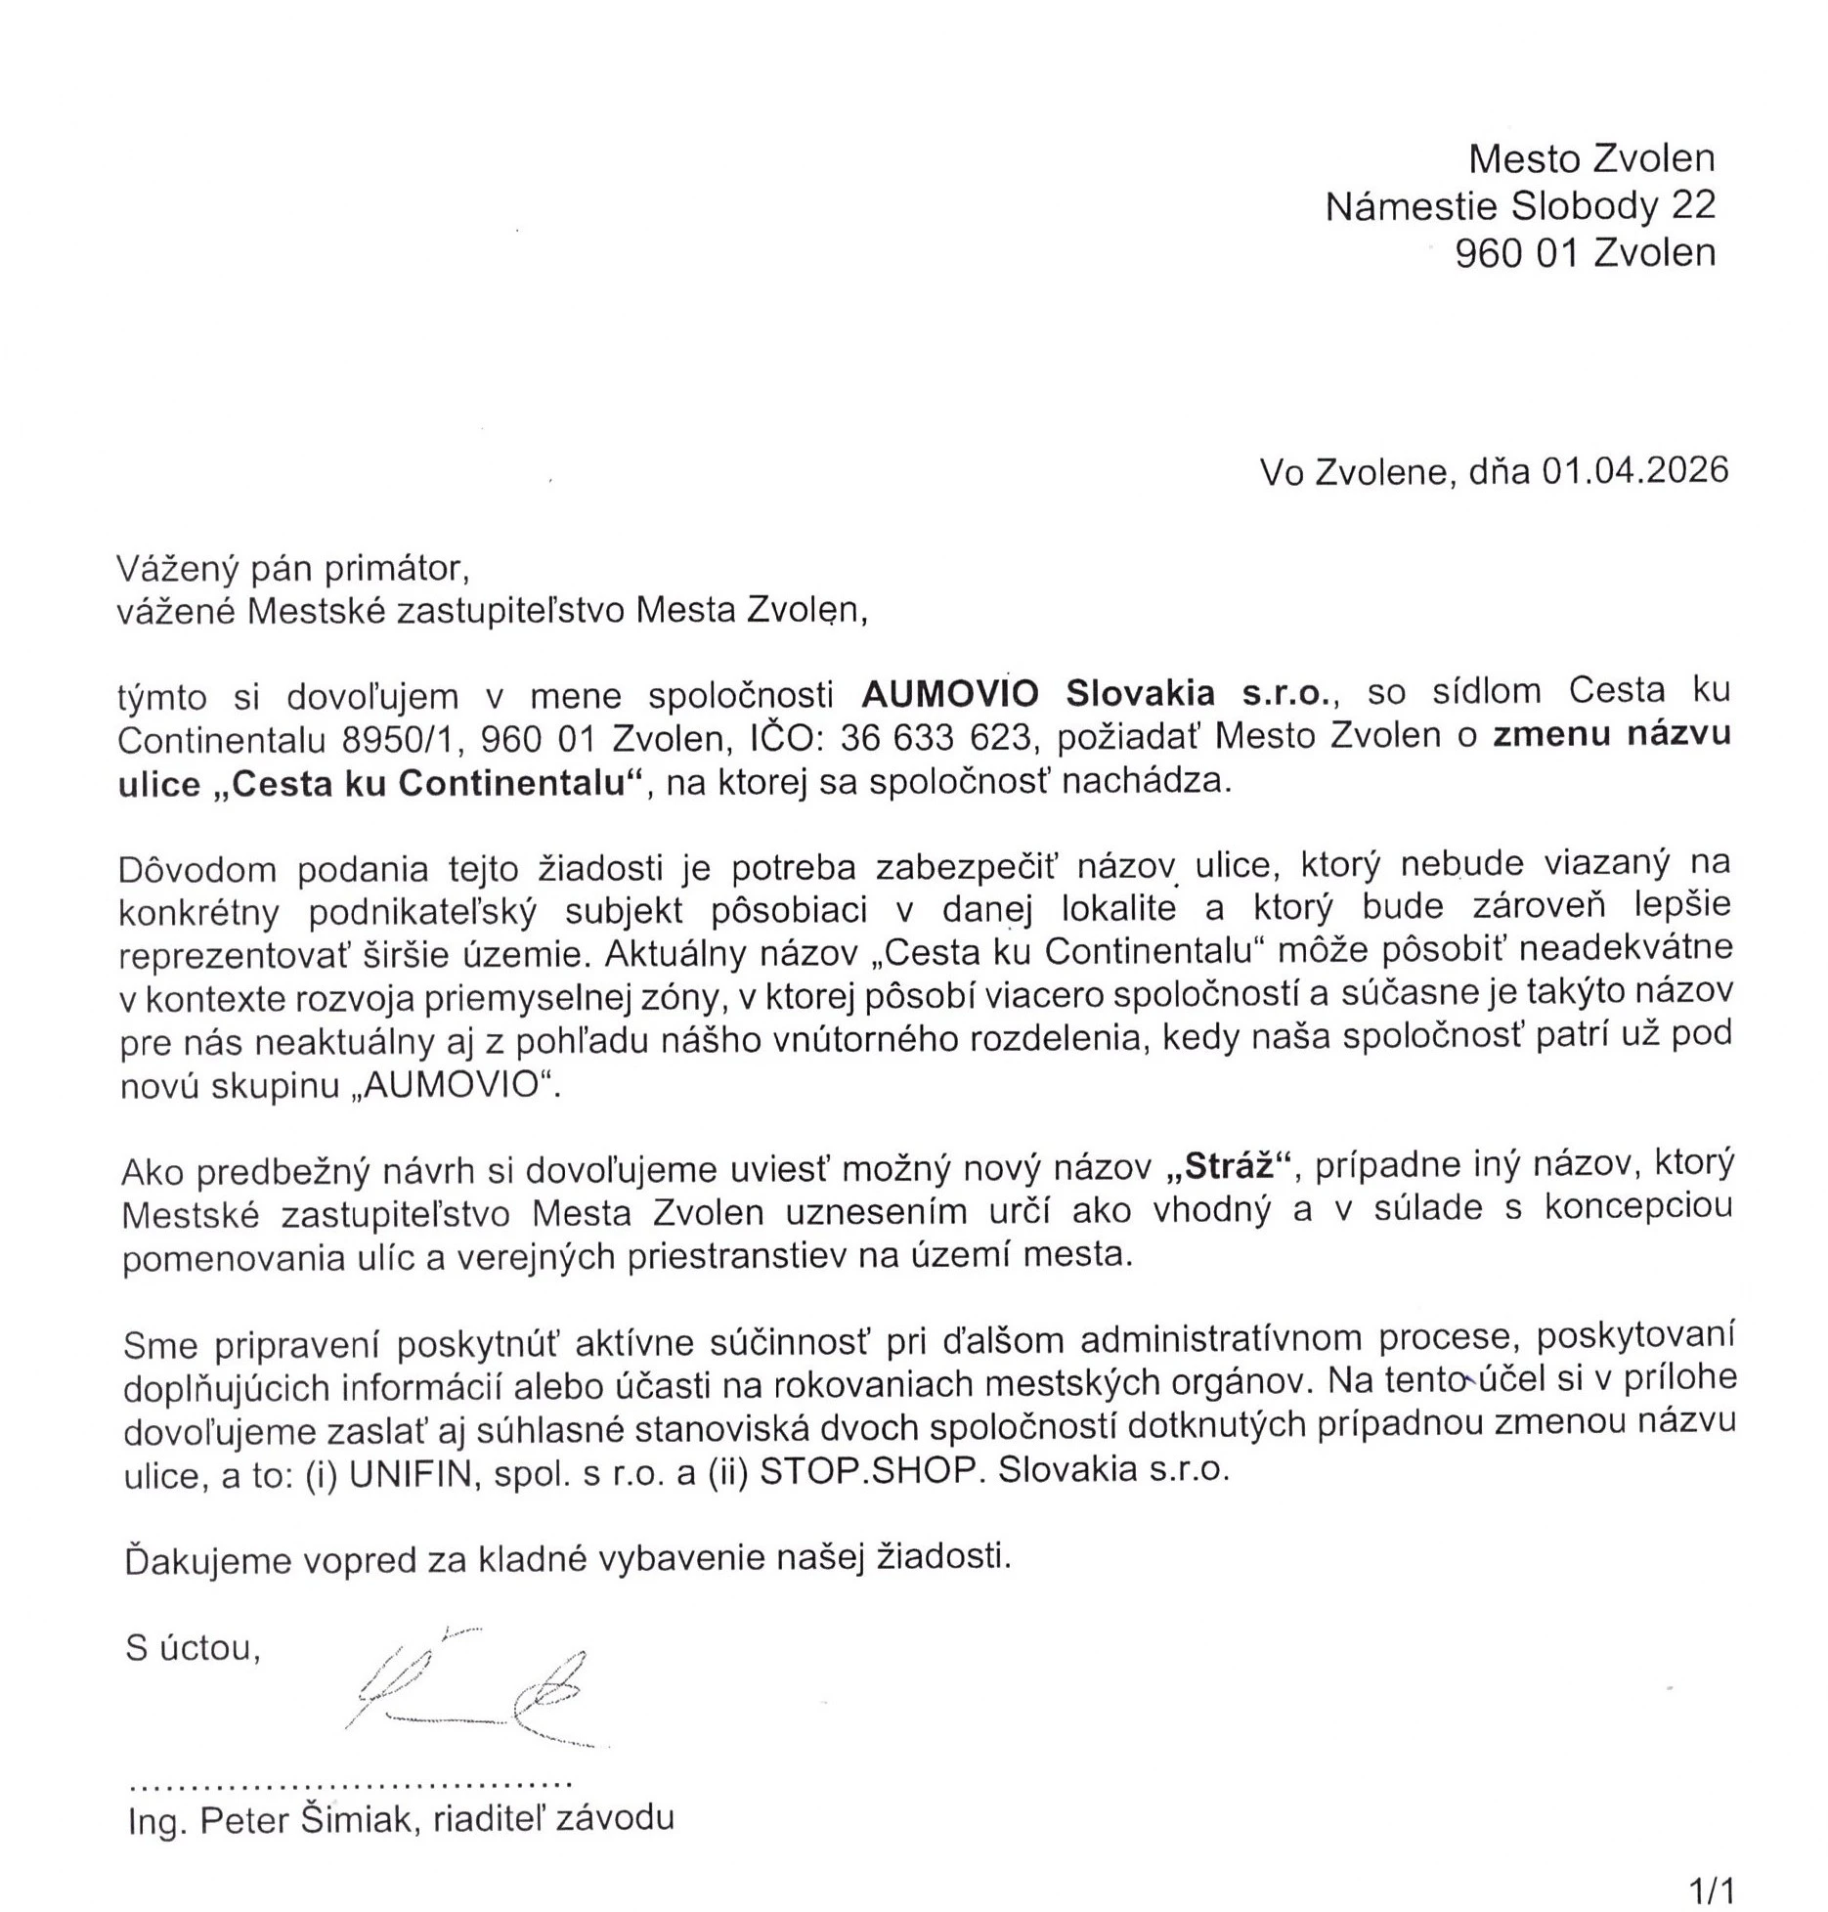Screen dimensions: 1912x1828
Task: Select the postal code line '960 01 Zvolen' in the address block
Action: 1585,252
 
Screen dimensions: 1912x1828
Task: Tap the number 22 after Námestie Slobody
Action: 1693,205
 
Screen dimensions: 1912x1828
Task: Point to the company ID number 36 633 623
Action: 936,738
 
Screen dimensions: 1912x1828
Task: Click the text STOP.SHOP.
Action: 869,1471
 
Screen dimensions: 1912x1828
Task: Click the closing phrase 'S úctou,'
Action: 193,1648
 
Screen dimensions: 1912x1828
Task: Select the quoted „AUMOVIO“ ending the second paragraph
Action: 454,1087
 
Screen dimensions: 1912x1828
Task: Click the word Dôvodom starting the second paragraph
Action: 196,868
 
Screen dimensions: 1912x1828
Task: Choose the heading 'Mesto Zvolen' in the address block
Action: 1591,158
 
